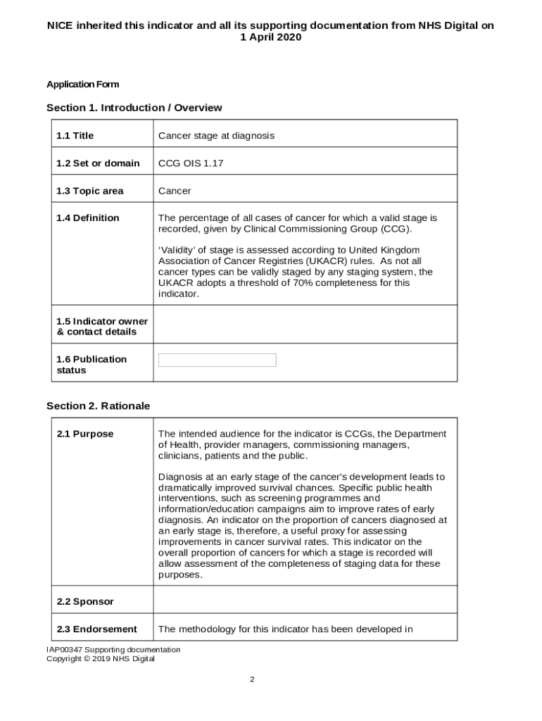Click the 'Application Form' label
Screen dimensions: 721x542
pyautogui.click(x=82, y=84)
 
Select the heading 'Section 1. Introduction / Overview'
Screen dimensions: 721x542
pyautogui.click(x=134, y=108)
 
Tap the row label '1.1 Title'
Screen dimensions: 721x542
pyautogui.click(x=75, y=135)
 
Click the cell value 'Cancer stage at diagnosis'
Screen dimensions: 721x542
pyautogui.click(x=216, y=135)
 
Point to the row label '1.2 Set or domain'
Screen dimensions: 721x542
pyautogui.click(x=98, y=163)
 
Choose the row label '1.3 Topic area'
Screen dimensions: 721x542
pyautogui.click(x=89, y=191)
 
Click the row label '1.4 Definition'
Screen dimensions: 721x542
pyautogui.click(x=87, y=218)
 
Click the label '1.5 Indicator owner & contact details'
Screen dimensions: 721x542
pyautogui.click(x=101, y=327)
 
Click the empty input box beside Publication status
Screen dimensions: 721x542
pyautogui.click(x=217, y=360)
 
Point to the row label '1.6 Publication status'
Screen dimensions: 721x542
pyautogui.click(x=91, y=365)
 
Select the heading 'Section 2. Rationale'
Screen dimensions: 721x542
pyautogui.click(x=98, y=406)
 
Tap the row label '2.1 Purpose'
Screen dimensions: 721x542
pyautogui.click(x=84, y=434)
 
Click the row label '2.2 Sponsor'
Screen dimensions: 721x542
pyautogui.click(x=84, y=602)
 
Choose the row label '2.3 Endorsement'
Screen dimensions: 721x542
pyautogui.click(x=96, y=629)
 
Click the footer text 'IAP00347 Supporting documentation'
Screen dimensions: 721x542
pyautogui.click(x=113, y=649)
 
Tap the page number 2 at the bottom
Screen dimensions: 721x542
pyautogui.click(x=251, y=679)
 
